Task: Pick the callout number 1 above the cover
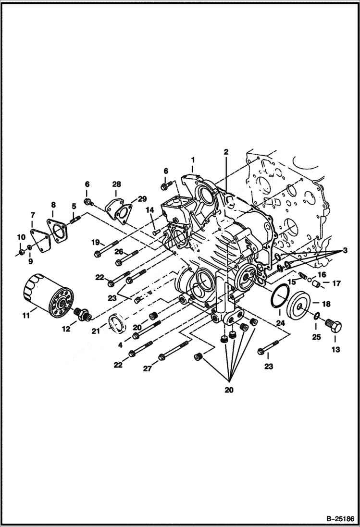coord(192,159)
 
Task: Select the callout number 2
coord(225,152)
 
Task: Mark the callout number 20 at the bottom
coord(229,390)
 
